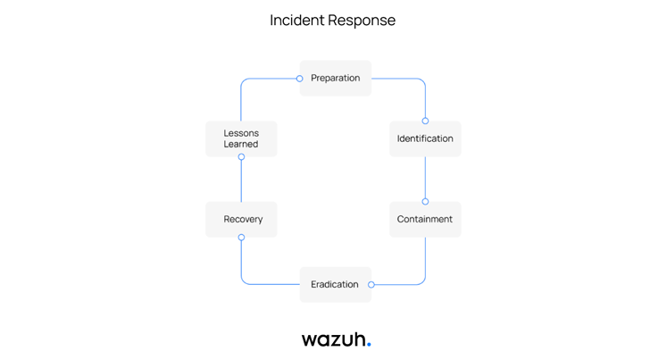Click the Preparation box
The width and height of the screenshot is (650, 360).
click(335, 79)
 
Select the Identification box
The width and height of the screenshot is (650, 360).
click(425, 138)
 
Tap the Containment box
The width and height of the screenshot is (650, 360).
click(425, 219)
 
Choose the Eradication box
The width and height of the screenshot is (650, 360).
click(335, 284)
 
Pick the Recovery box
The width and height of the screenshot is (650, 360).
click(241, 219)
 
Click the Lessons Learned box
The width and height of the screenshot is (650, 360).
click(241, 138)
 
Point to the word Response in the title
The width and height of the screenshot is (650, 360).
click(362, 20)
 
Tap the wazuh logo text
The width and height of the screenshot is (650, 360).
click(333, 339)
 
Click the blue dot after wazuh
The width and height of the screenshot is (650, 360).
click(369, 344)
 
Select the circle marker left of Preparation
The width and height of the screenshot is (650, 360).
click(300, 79)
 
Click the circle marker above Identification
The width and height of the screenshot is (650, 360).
click(425, 121)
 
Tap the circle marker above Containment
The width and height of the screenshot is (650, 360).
click(425, 202)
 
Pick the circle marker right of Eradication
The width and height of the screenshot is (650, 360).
click(371, 285)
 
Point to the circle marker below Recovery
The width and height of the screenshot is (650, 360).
click(241, 238)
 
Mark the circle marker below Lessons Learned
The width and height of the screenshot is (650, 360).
click(241, 157)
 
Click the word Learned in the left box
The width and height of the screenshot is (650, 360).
click(241, 145)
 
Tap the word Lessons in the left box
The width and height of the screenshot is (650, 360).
click(241, 133)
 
